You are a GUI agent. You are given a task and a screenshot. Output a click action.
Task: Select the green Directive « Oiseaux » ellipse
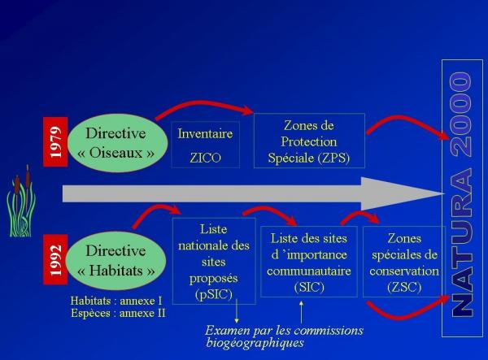coord(117,143)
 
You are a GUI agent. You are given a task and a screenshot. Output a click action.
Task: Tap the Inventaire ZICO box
coord(205,144)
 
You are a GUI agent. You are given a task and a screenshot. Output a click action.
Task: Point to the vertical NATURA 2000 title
coord(462,195)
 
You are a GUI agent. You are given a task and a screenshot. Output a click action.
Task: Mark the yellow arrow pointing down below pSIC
coord(237,313)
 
